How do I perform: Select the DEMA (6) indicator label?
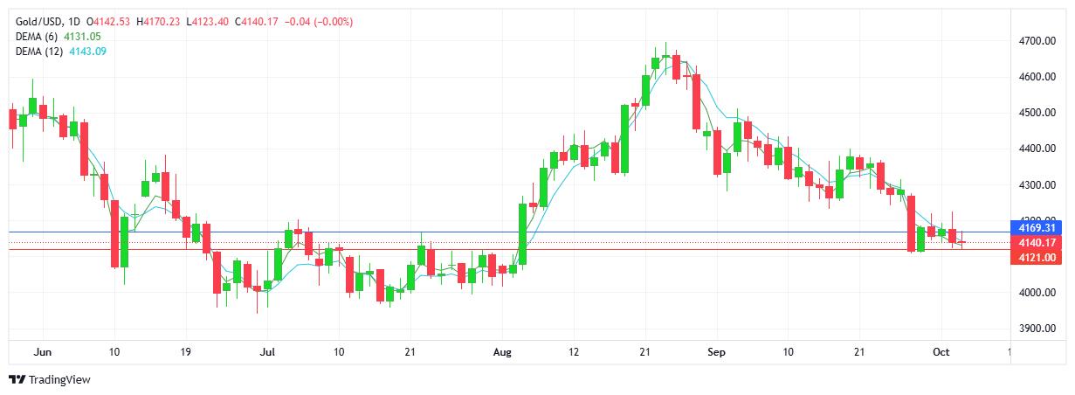(37, 37)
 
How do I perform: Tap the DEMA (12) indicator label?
(39, 52)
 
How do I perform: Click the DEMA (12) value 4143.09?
(88, 52)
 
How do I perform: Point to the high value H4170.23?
(158, 22)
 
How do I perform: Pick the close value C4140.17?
(256, 22)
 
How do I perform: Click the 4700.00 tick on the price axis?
(1037, 41)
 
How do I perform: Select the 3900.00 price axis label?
(1037, 329)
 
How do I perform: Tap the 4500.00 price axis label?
(1037, 113)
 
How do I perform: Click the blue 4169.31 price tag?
(1036, 228)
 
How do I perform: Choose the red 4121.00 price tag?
(1036, 258)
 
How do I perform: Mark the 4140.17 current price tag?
(1036, 243)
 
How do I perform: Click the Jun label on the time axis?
(43, 352)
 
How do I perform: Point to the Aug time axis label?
(502, 352)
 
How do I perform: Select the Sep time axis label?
(716, 352)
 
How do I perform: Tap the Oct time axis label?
(941, 352)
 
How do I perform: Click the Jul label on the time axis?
(267, 352)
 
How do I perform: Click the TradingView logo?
(50, 379)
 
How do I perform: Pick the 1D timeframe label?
(74, 22)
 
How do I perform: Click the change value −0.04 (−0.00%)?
(319, 22)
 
